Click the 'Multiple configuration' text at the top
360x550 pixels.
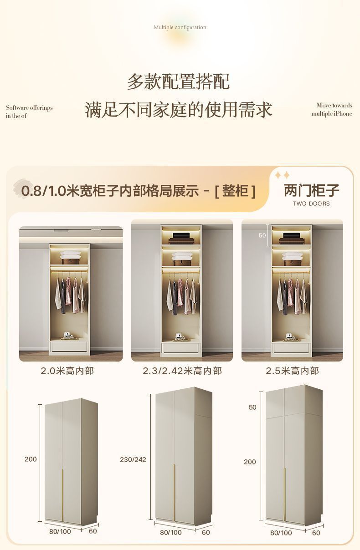[180, 27]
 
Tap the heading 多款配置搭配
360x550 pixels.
[178, 81]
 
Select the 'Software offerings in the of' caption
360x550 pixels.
[29, 112]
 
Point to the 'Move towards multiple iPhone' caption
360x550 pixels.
[332, 110]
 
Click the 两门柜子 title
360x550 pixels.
[312, 190]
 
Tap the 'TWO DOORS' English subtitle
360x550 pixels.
[311, 204]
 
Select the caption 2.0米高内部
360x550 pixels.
[67, 371]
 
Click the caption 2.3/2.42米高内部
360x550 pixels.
[182, 371]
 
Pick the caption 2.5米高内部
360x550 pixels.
[292, 371]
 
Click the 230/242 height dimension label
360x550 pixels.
[133, 459]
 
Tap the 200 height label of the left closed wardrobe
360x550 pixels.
[31, 459]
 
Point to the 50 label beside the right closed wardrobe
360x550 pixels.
[252, 407]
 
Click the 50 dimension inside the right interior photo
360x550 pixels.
[262, 235]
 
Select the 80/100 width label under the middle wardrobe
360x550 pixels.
[171, 532]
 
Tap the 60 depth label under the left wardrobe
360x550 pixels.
[93, 531]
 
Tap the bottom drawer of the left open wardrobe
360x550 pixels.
[69, 346]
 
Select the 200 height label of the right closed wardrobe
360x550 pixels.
[250, 462]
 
